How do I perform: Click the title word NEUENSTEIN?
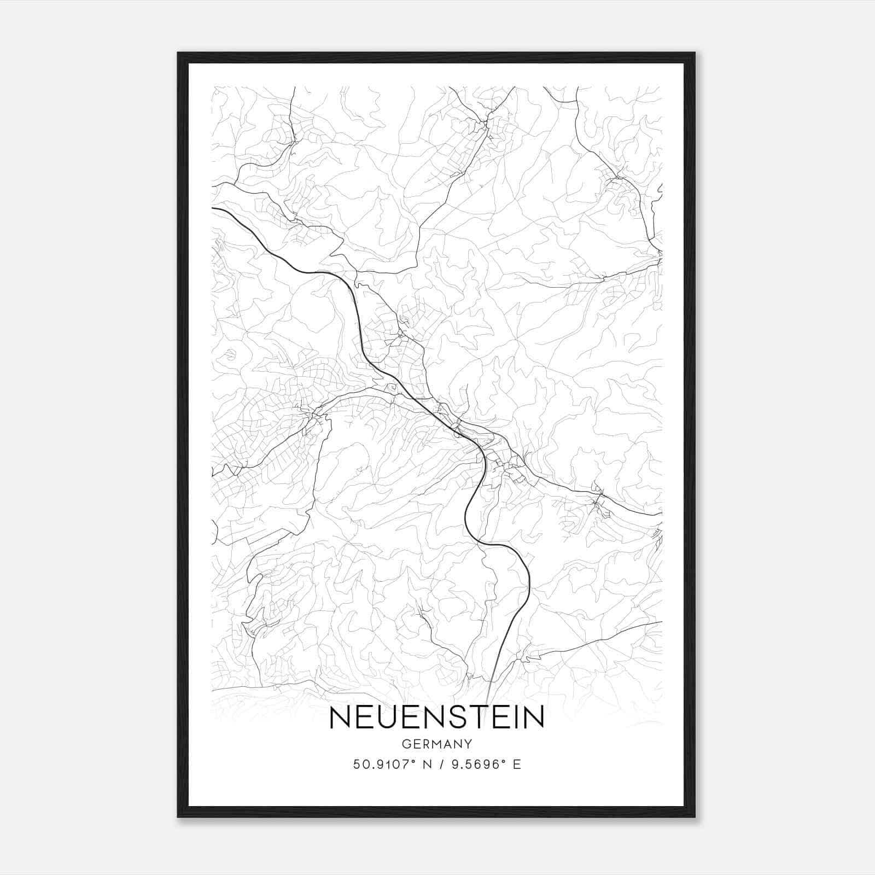pos(437,717)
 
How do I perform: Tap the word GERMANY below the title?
pos(437,744)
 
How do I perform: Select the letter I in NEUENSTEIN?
pos(520,717)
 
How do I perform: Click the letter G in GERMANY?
pos(406,744)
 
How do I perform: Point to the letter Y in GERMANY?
pos(468,744)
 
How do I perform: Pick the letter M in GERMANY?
pos(438,744)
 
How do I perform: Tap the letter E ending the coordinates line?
pos(517,764)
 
